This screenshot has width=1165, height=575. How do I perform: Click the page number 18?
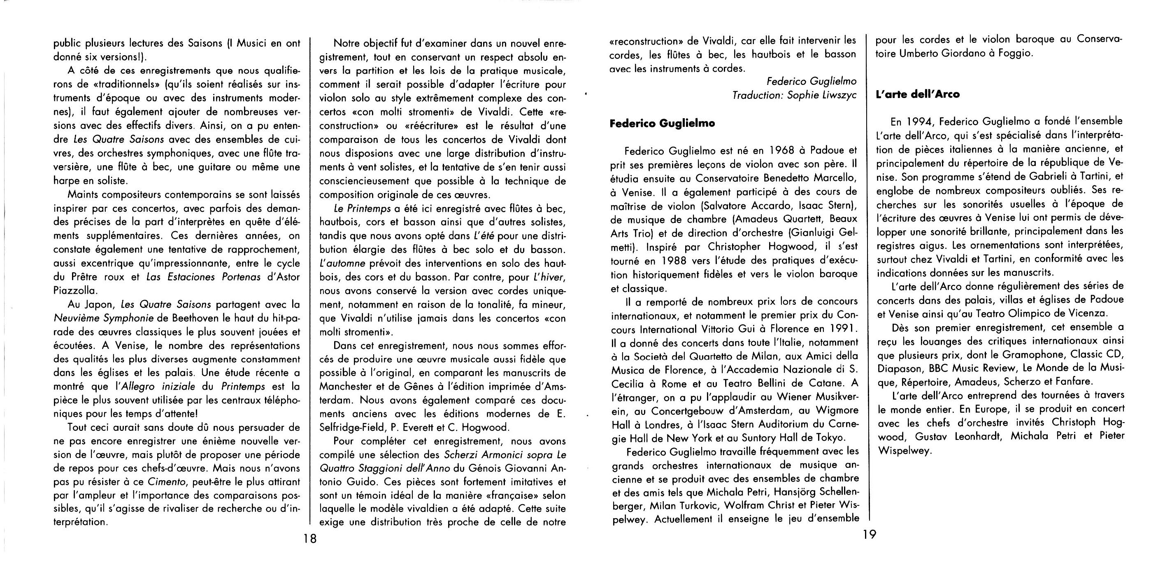click(x=310, y=539)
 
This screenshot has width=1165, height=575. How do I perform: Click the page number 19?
click(x=869, y=535)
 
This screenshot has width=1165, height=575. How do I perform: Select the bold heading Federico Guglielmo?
click(x=663, y=124)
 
